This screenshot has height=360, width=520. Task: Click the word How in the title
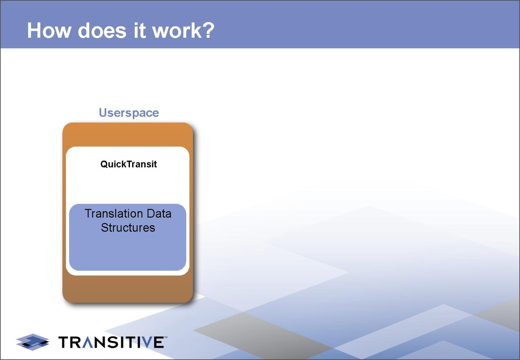[49, 30]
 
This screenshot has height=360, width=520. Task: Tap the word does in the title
[102, 30]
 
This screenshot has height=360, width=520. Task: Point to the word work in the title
[177, 30]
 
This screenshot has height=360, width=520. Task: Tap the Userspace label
[129, 113]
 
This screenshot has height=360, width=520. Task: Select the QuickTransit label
[129, 164]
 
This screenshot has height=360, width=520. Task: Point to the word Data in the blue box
[159, 214]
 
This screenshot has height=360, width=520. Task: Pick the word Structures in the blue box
[128, 227]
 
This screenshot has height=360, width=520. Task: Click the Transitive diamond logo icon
[32, 342]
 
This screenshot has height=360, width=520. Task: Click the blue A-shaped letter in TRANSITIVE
[88, 342]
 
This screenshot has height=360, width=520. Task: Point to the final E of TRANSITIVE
[159, 342]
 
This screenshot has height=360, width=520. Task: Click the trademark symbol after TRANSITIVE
[166, 337]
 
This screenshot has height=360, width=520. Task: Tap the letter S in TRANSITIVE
[113, 342]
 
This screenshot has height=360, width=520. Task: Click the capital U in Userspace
[103, 113]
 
